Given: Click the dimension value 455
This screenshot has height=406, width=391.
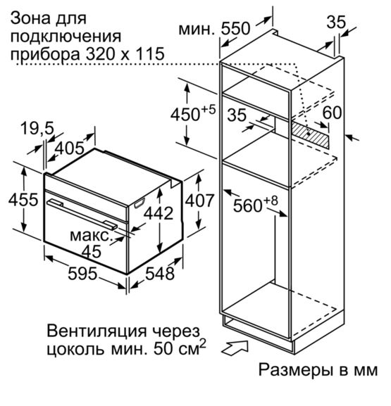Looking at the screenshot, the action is click(x=23, y=200).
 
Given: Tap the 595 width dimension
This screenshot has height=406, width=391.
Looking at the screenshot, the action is click(x=82, y=274).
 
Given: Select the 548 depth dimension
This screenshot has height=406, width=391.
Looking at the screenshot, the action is click(x=160, y=274).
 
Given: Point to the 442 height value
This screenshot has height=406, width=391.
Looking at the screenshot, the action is click(x=159, y=213).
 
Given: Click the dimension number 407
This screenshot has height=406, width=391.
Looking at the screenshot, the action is click(x=199, y=201).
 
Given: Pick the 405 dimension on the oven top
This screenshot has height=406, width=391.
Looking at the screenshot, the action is click(x=70, y=148).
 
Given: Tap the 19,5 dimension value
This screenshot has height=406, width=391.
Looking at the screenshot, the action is click(x=37, y=128).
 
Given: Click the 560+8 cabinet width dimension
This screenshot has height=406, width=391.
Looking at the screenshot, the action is click(x=256, y=204).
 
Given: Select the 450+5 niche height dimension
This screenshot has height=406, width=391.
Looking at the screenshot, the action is click(x=193, y=113).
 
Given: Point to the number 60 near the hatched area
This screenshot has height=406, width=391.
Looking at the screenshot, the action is click(x=332, y=113).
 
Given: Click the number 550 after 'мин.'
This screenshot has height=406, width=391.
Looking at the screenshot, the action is click(x=235, y=28).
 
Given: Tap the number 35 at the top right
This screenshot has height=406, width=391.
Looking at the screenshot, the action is click(x=336, y=22).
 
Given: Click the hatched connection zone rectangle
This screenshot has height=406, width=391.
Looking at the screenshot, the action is click(x=310, y=134).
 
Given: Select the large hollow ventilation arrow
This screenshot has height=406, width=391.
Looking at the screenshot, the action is click(x=235, y=348).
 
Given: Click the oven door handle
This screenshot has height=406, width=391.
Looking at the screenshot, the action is click(x=82, y=213).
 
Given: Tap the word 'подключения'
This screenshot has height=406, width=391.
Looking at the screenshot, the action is click(x=66, y=37).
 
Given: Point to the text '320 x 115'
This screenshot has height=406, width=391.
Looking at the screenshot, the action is click(x=125, y=54).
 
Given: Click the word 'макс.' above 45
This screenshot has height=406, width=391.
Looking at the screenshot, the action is click(x=90, y=236).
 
